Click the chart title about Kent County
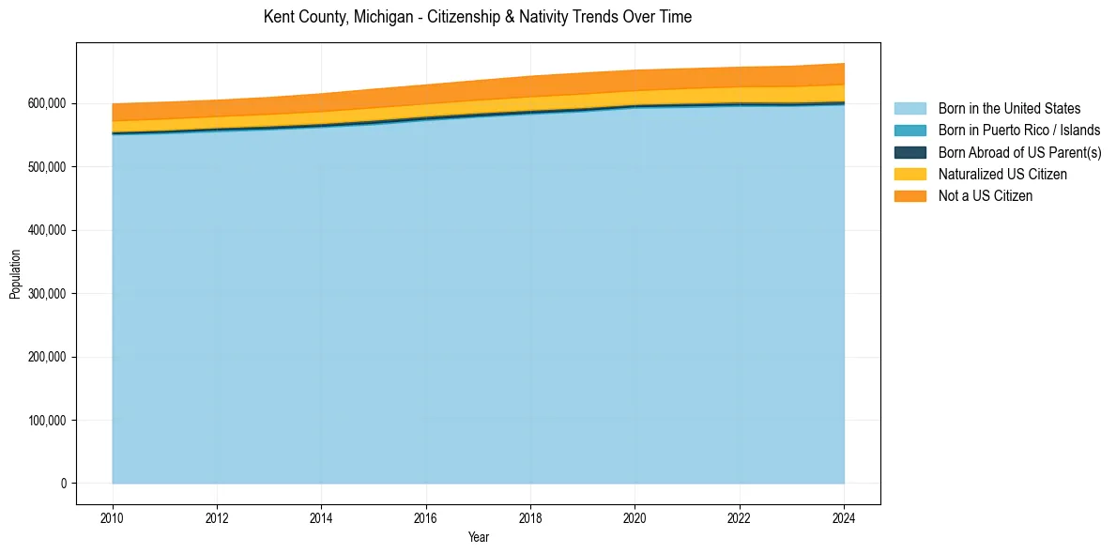pos(478,17)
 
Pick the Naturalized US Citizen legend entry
pos(1002,174)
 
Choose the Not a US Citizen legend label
pos(985,195)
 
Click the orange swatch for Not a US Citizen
pos(910,195)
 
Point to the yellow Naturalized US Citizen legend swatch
pos(910,174)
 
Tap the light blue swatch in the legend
pos(910,109)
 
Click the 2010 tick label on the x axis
pos(113,516)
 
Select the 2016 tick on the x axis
pos(426,516)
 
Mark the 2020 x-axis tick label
pos(635,516)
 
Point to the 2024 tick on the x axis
pos(844,516)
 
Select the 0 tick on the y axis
pos(64,484)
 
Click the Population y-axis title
pos(15,274)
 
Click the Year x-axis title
pos(478,537)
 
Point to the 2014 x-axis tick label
pos(322,516)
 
